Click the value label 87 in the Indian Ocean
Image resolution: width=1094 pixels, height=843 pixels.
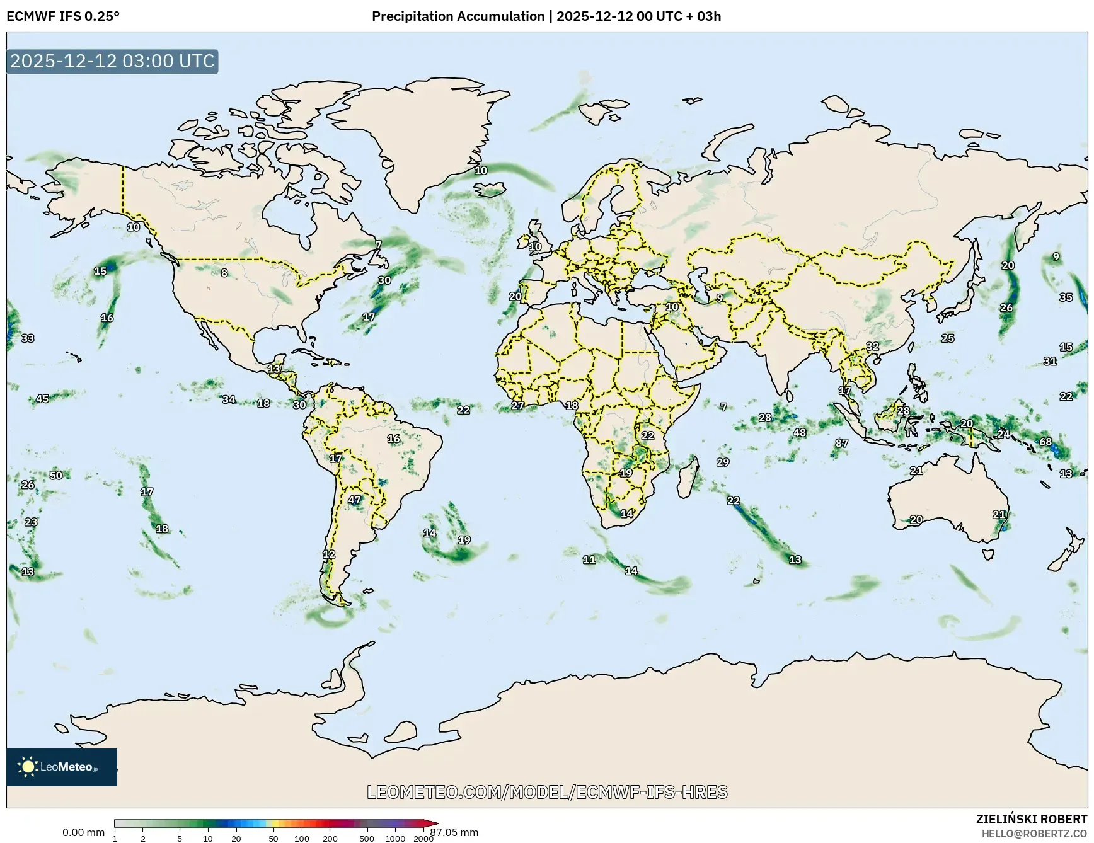click(x=841, y=443)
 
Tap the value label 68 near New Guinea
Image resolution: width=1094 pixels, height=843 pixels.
click(x=1045, y=441)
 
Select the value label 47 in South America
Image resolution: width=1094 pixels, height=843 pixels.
click(x=354, y=500)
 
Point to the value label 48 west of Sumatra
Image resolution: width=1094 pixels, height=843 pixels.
click(x=799, y=432)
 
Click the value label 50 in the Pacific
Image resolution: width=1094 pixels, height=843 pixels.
click(x=56, y=475)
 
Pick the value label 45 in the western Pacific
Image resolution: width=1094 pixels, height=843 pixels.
click(x=42, y=398)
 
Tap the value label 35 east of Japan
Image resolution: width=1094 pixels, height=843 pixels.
click(x=1066, y=297)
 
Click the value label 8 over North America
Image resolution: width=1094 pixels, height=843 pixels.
click(x=224, y=273)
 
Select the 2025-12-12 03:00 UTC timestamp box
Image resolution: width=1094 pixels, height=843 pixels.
click(x=112, y=61)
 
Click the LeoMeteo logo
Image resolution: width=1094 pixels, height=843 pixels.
click(x=61, y=767)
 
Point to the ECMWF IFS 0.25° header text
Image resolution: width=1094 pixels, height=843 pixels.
click(x=62, y=16)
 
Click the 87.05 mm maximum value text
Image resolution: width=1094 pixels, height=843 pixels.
click(x=454, y=832)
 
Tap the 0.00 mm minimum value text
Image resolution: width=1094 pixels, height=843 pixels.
click(x=83, y=832)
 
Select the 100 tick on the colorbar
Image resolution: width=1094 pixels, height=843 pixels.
click(x=301, y=839)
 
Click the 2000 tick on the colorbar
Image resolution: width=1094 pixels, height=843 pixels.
click(x=423, y=839)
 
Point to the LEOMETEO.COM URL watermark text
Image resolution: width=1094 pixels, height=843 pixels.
click(x=546, y=792)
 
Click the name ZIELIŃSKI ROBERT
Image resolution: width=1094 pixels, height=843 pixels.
click(x=1031, y=819)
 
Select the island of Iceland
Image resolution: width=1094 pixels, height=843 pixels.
click(x=490, y=188)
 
